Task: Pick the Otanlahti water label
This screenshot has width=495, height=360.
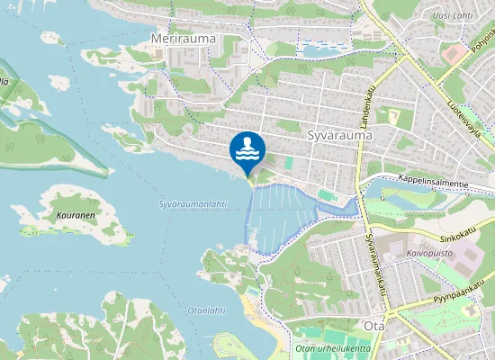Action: pyautogui.click(x=206, y=310)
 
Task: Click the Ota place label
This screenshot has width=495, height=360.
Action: pyautogui.click(x=373, y=325)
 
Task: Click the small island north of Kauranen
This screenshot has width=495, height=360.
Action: pyautogui.click(x=58, y=83)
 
